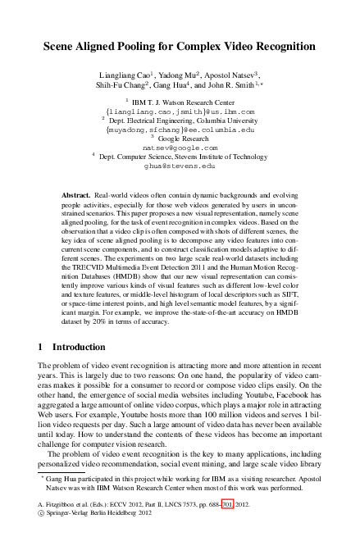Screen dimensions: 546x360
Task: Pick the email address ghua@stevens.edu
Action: [x=180, y=165]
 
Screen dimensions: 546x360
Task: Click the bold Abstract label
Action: [x=77, y=189]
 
